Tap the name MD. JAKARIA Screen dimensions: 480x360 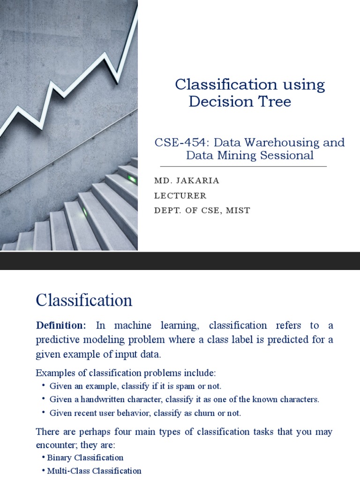[x=187, y=180]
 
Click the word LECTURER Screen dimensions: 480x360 [x=180, y=195]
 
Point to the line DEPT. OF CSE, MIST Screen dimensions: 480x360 [x=202, y=210]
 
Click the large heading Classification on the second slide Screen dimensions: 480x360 [x=84, y=300]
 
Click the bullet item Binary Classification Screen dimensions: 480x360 [x=85, y=457]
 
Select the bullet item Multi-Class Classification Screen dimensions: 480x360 [x=94, y=471]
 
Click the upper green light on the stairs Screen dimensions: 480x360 [x=133, y=179]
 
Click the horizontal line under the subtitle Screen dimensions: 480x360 [x=243, y=166]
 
